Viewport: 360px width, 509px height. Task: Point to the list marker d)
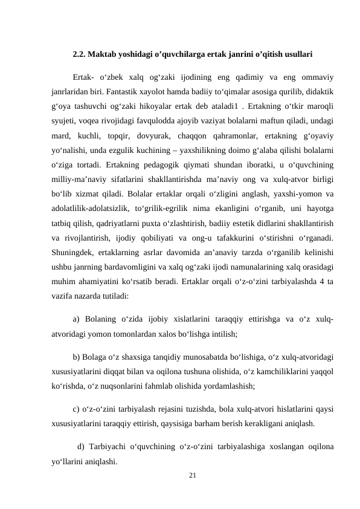click(x=80, y=447)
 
